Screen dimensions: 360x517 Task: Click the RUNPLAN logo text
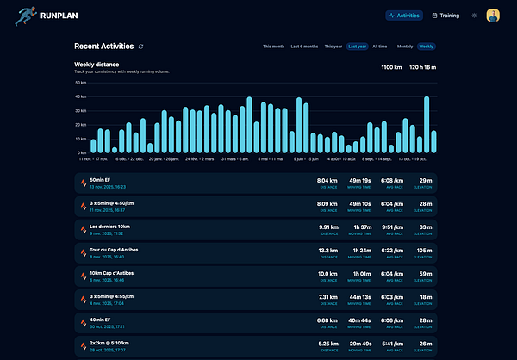click(x=59, y=15)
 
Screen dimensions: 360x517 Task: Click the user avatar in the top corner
click(x=493, y=16)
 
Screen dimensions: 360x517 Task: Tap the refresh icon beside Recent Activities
click(x=141, y=47)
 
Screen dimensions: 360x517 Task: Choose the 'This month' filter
click(x=273, y=47)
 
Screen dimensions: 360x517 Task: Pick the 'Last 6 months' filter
click(x=304, y=47)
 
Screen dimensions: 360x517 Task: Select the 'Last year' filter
click(x=357, y=47)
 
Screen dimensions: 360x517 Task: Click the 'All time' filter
click(x=380, y=47)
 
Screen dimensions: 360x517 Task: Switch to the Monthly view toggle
click(x=405, y=47)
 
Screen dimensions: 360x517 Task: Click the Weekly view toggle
click(x=427, y=47)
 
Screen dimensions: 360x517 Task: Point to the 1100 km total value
click(x=391, y=66)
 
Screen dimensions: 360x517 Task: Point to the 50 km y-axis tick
click(x=81, y=83)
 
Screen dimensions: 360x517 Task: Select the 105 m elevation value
click(x=422, y=251)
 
